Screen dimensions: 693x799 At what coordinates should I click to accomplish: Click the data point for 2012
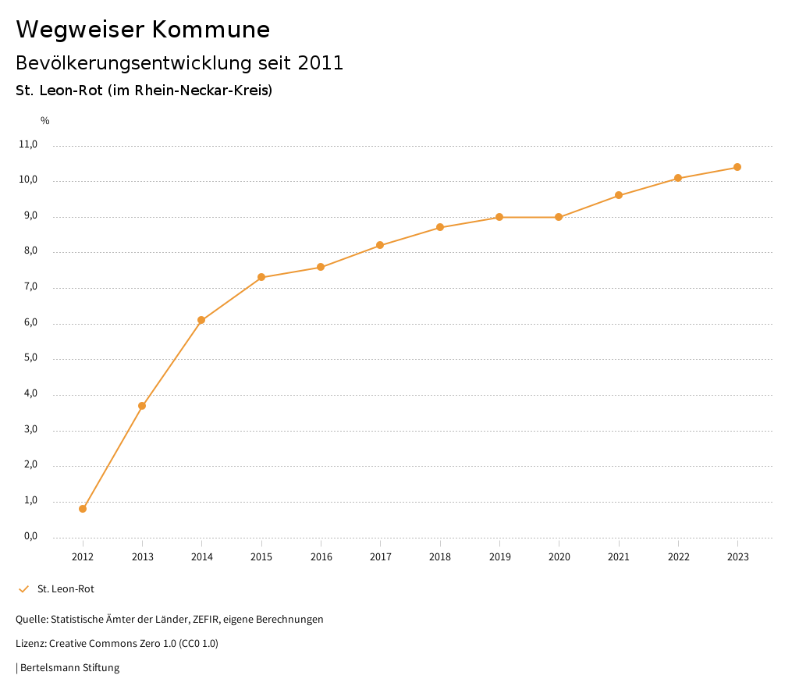point(83,509)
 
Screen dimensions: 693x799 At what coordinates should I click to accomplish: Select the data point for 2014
point(201,320)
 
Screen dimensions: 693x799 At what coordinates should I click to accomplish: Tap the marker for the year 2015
point(261,277)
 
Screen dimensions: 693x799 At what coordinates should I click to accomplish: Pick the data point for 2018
point(440,227)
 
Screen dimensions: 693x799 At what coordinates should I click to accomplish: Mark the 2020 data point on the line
point(559,217)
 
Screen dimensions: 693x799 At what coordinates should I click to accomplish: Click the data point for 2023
point(737,167)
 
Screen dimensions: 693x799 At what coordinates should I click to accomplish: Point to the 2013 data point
point(142,406)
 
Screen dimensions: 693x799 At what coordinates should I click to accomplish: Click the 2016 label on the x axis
point(321,557)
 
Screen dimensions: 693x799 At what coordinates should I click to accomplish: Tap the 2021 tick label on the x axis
point(619,557)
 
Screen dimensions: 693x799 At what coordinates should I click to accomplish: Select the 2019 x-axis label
point(499,557)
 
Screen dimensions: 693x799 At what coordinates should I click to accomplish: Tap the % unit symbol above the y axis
point(45,121)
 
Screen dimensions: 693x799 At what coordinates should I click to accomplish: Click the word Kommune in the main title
point(211,30)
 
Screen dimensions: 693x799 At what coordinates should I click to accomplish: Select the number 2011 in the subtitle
point(321,63)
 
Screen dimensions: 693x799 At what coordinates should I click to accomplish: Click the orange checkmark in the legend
point(23,589)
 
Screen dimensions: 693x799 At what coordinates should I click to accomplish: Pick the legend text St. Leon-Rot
point(66,589)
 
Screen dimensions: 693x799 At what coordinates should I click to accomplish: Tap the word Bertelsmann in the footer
point(50,668)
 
